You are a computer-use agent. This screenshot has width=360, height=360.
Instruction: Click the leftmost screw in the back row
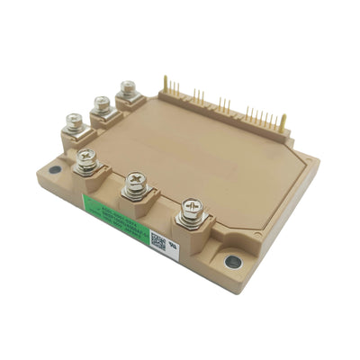[x=72, y=120]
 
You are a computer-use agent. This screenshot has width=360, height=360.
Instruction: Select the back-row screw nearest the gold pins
[x=128, y=88]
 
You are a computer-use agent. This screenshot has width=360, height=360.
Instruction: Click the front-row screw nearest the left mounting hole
[x=87, y=160]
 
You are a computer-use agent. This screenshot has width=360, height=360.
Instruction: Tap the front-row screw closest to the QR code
[x=191, y=209]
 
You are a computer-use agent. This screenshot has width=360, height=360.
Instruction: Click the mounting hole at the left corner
[x=55, y=168]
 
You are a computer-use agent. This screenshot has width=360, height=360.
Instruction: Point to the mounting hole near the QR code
[x=232, y=262]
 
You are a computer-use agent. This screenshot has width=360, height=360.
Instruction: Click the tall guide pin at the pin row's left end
[x=166, y=84]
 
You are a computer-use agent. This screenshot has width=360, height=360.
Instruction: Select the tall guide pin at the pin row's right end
[x=283, y=119]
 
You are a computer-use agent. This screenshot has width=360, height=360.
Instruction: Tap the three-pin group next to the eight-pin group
[x=222, y=105]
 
